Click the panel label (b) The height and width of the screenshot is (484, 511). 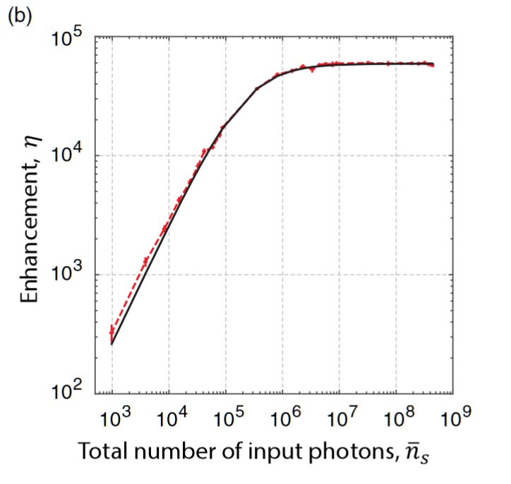click(x=20, y=16)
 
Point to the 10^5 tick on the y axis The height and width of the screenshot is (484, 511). click(x=69, y=38)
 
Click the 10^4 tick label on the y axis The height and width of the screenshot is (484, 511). click(x=69, y=157)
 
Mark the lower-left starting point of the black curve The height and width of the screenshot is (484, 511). click(x=112, y=344)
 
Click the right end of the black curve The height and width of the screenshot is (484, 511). click(x=433, y=63)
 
